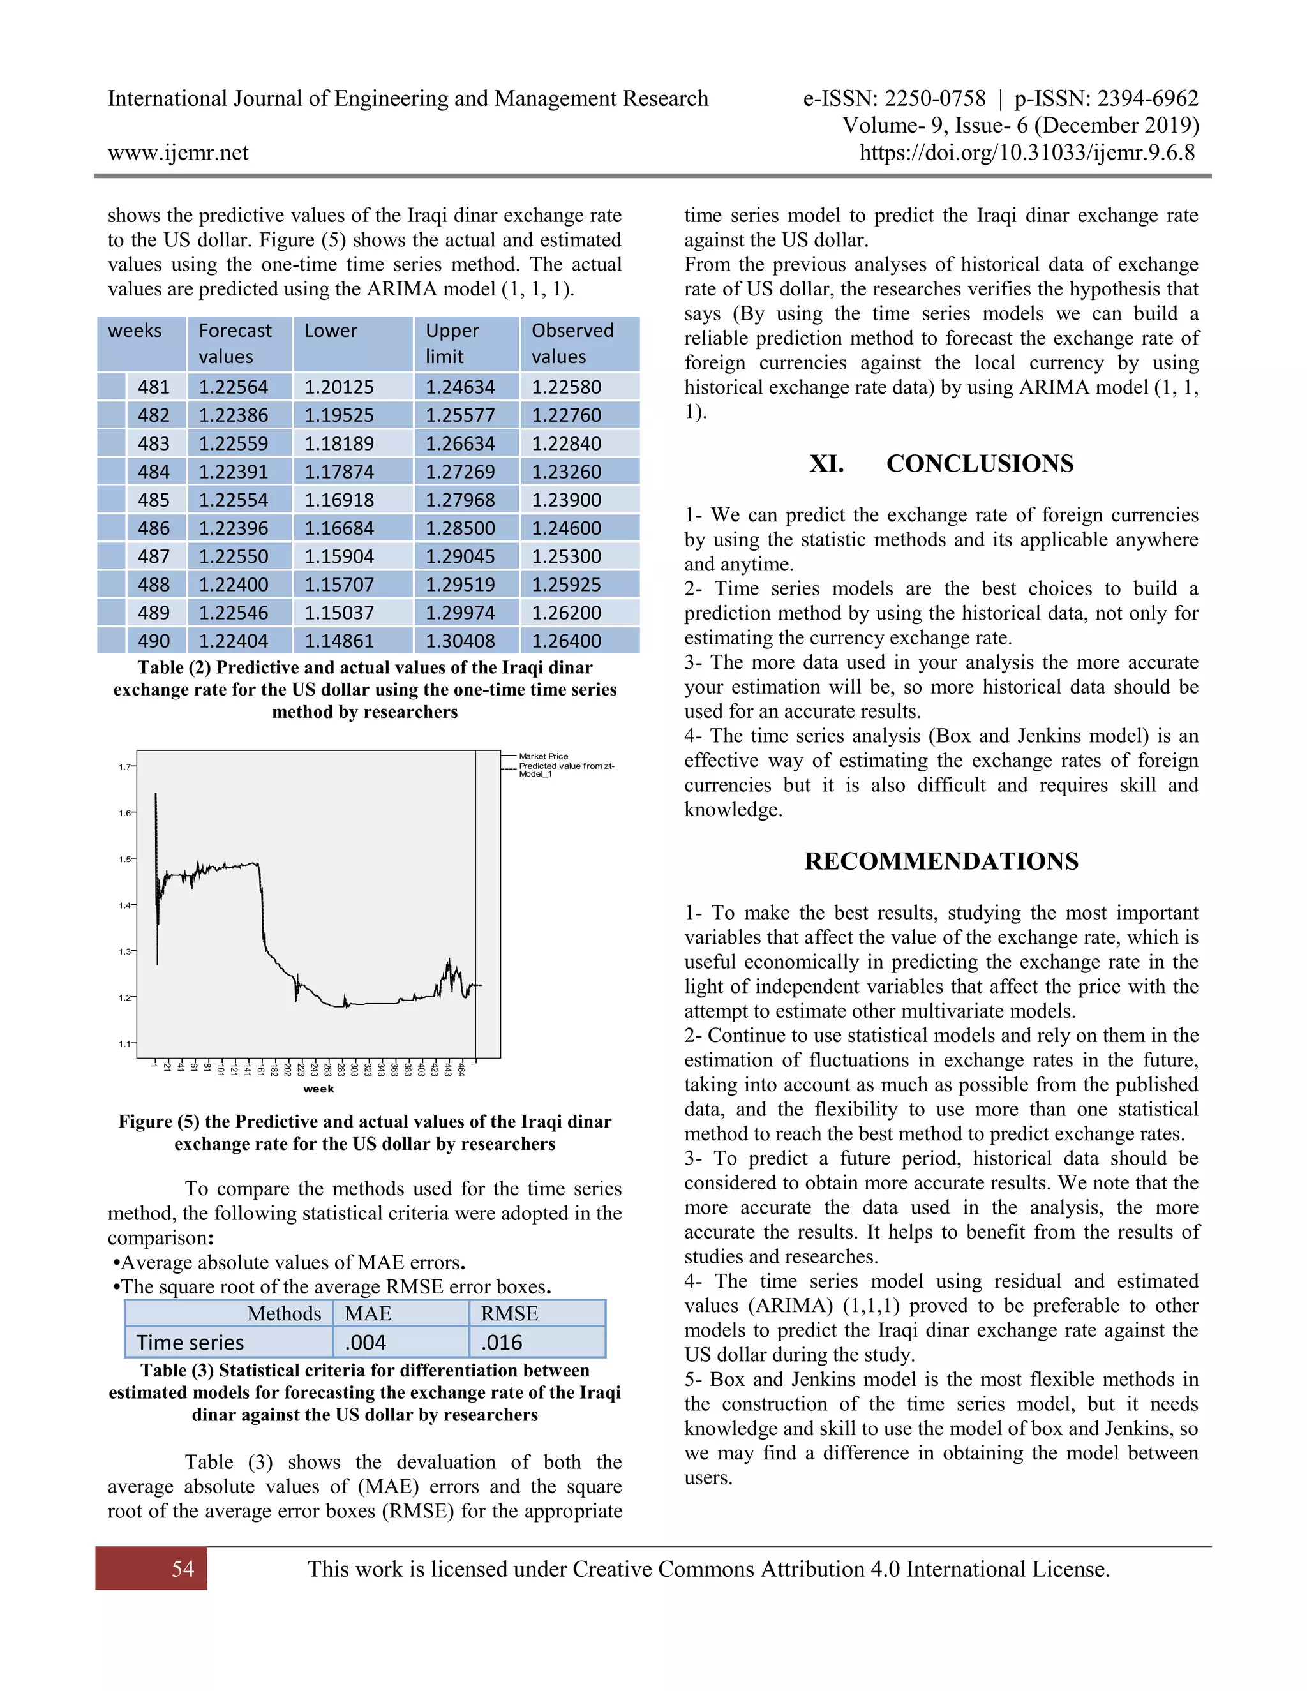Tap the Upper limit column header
click(x=453, y=343)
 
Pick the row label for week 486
click(x=153, y=528)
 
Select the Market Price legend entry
click(x=543, y=756)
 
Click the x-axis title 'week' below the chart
click(x=318, y=1089)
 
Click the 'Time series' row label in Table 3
click(x=190, y=1342)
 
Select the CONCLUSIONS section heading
click(x=980, y=463)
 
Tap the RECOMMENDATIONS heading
click(x=941, y=861)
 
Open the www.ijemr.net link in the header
click(x=178, y=153)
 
